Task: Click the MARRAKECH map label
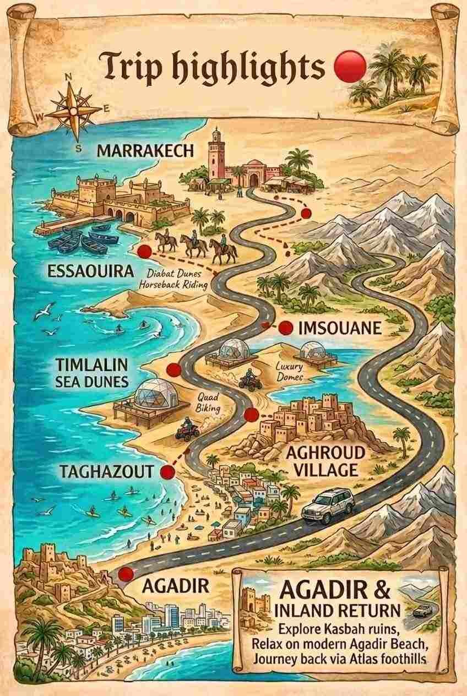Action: tap(146, 150)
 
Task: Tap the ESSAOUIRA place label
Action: tap(90, 271)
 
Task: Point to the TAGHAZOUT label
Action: tap(106, 471)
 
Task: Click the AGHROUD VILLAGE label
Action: tap(325, 461)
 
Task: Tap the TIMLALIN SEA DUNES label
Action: tap(91, 373)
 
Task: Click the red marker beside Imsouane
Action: tap(285, 328)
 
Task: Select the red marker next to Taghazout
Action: tap(167, 472)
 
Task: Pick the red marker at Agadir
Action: tap(126, 574)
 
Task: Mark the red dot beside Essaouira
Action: tap(144, 252)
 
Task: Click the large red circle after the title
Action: tap(350, 66)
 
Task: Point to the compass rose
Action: tap(73, 111)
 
